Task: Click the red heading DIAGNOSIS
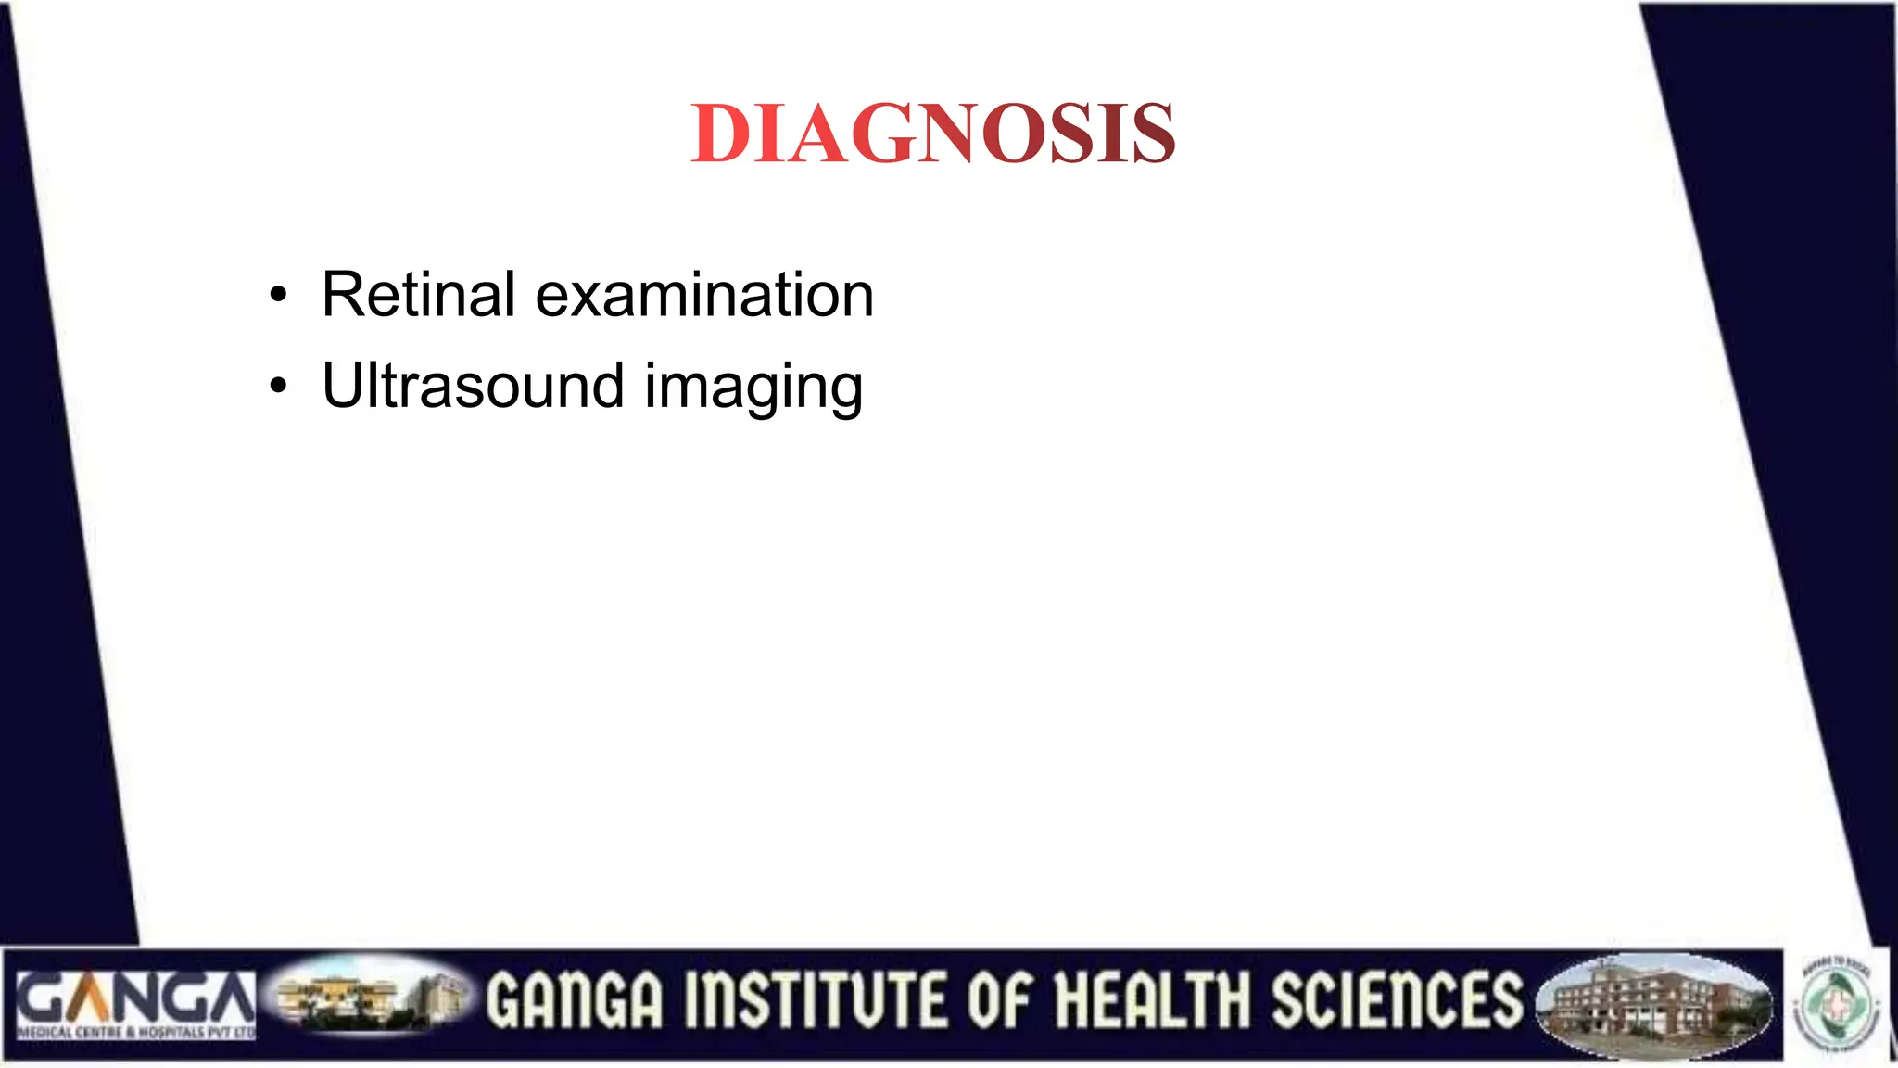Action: pyautogui.click(x=933, y=134)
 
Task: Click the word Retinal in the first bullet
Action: pyautogui.click(x=418, y=295)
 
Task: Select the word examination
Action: pyautogui.click(x=704, y=295)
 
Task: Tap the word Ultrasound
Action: pyautogui.click(x=473, y=386)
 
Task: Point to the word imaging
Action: pyautogui.click(x=753, y=388)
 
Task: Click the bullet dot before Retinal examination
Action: pyautogui.click(x=278, y=297)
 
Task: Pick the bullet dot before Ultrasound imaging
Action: pyautogui.click(x=278, y=386)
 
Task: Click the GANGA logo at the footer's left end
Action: pyautogui.click(x=135, y=1005)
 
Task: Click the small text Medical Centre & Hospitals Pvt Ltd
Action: pyautogui.click(x=135, y=1032)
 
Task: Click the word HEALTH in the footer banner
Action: pyautogui.click(x=1154, y=1001)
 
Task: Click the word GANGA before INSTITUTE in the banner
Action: pyautogui.click(x=576, y=1001)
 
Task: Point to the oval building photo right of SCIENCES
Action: pyautogui.click(x=1653, y=1005)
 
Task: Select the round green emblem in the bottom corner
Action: pyautogui.click(x=1840, y=1006)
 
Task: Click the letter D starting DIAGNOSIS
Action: pyautogui.click(x=720, y=134)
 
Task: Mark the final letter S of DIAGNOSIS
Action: pyautogui.click(x=1152, y=134)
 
